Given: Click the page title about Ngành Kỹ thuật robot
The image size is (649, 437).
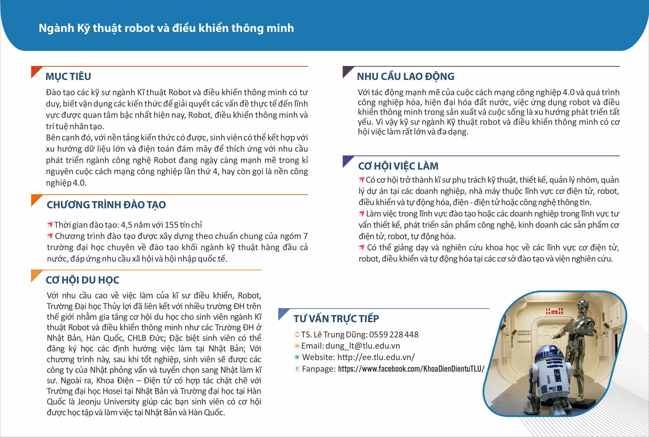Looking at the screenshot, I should pos(166,28).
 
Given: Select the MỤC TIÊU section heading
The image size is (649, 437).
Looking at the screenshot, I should pos(68,76).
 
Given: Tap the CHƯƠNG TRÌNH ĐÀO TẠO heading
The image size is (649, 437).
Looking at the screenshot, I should pos(106,205).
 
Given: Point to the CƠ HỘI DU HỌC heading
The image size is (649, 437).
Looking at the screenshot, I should pos(82,280).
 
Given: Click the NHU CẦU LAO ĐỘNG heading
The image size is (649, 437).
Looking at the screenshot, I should pos(406,76).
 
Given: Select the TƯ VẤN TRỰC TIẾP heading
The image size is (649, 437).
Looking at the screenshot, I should pos(336,319).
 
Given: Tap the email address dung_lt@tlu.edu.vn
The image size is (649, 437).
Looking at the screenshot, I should pos(363,346).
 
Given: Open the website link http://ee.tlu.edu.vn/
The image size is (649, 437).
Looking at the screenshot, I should pos(376,357).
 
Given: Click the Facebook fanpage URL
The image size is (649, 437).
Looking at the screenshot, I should pos(411,369).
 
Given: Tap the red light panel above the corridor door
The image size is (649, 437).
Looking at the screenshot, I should pos(554,311).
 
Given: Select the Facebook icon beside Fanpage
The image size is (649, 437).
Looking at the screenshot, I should pos(297,369).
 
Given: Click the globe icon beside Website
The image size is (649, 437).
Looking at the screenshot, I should pos(297,357).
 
